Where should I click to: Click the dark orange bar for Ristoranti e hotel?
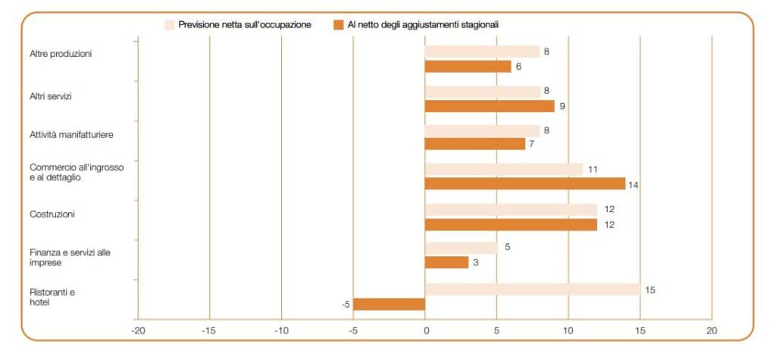point(389,304)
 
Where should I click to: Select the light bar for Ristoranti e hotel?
point(533,289)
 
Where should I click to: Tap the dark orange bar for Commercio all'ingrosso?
point(525,183)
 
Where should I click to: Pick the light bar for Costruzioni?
point(511,209)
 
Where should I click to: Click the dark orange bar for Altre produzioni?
point(468,67)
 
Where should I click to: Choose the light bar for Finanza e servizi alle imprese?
point(461,248)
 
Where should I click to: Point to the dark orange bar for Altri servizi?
point(490,106)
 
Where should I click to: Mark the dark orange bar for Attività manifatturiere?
point(475,144)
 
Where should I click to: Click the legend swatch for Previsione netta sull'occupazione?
point(170,25)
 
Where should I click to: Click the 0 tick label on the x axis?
point(425,330)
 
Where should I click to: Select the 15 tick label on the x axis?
point(640,330)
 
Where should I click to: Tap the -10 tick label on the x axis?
point(281,330)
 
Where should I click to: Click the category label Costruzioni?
point(52,214)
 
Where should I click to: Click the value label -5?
point(345,305)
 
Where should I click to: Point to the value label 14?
point(634,184)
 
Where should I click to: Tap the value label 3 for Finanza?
point(475,263)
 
